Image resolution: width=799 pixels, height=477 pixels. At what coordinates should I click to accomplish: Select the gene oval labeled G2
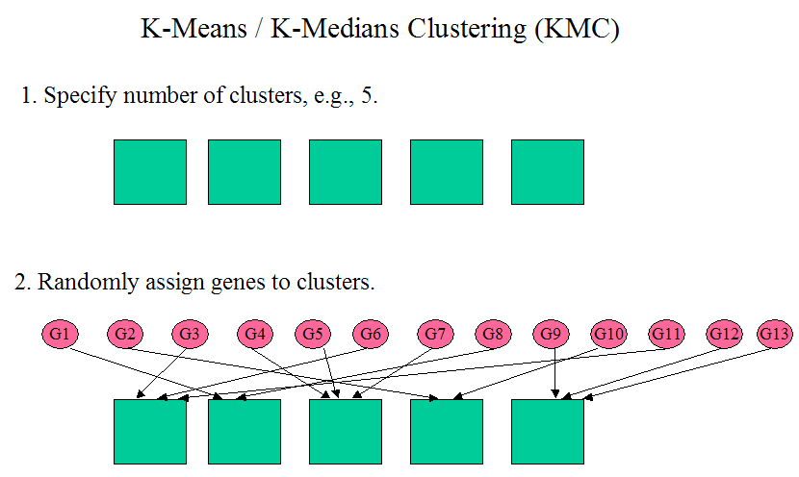click(x=125, y=334)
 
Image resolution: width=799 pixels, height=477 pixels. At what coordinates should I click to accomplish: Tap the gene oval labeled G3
click(x=190, y=334)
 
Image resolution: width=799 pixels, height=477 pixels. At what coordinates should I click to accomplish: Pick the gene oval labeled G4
click(x=255, y=334)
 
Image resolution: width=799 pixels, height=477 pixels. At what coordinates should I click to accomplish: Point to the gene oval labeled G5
click(x=312, y=334)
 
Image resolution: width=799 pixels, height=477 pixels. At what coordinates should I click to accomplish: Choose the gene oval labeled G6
click(x=371, y=334)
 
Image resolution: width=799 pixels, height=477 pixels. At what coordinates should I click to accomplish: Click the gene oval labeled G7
click(x=436, y=334)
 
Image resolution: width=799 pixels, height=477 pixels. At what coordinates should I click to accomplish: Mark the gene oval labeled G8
click(x=493, y=334)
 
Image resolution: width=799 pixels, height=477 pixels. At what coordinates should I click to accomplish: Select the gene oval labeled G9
click(x=551, y=334)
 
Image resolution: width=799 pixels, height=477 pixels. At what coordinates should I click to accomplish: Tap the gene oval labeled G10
click(x=608, y=334)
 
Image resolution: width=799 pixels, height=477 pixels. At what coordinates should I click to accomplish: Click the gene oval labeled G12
click(x=725, y=334)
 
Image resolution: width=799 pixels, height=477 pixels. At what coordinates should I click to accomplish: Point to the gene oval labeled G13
click(x=775, y=334)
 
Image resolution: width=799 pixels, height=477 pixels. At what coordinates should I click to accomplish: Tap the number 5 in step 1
click(x=368, y=97)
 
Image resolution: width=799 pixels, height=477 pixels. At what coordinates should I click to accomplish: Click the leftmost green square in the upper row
click(x=150, y=172)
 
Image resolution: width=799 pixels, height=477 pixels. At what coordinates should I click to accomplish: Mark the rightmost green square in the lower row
click(x=547, y=432)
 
